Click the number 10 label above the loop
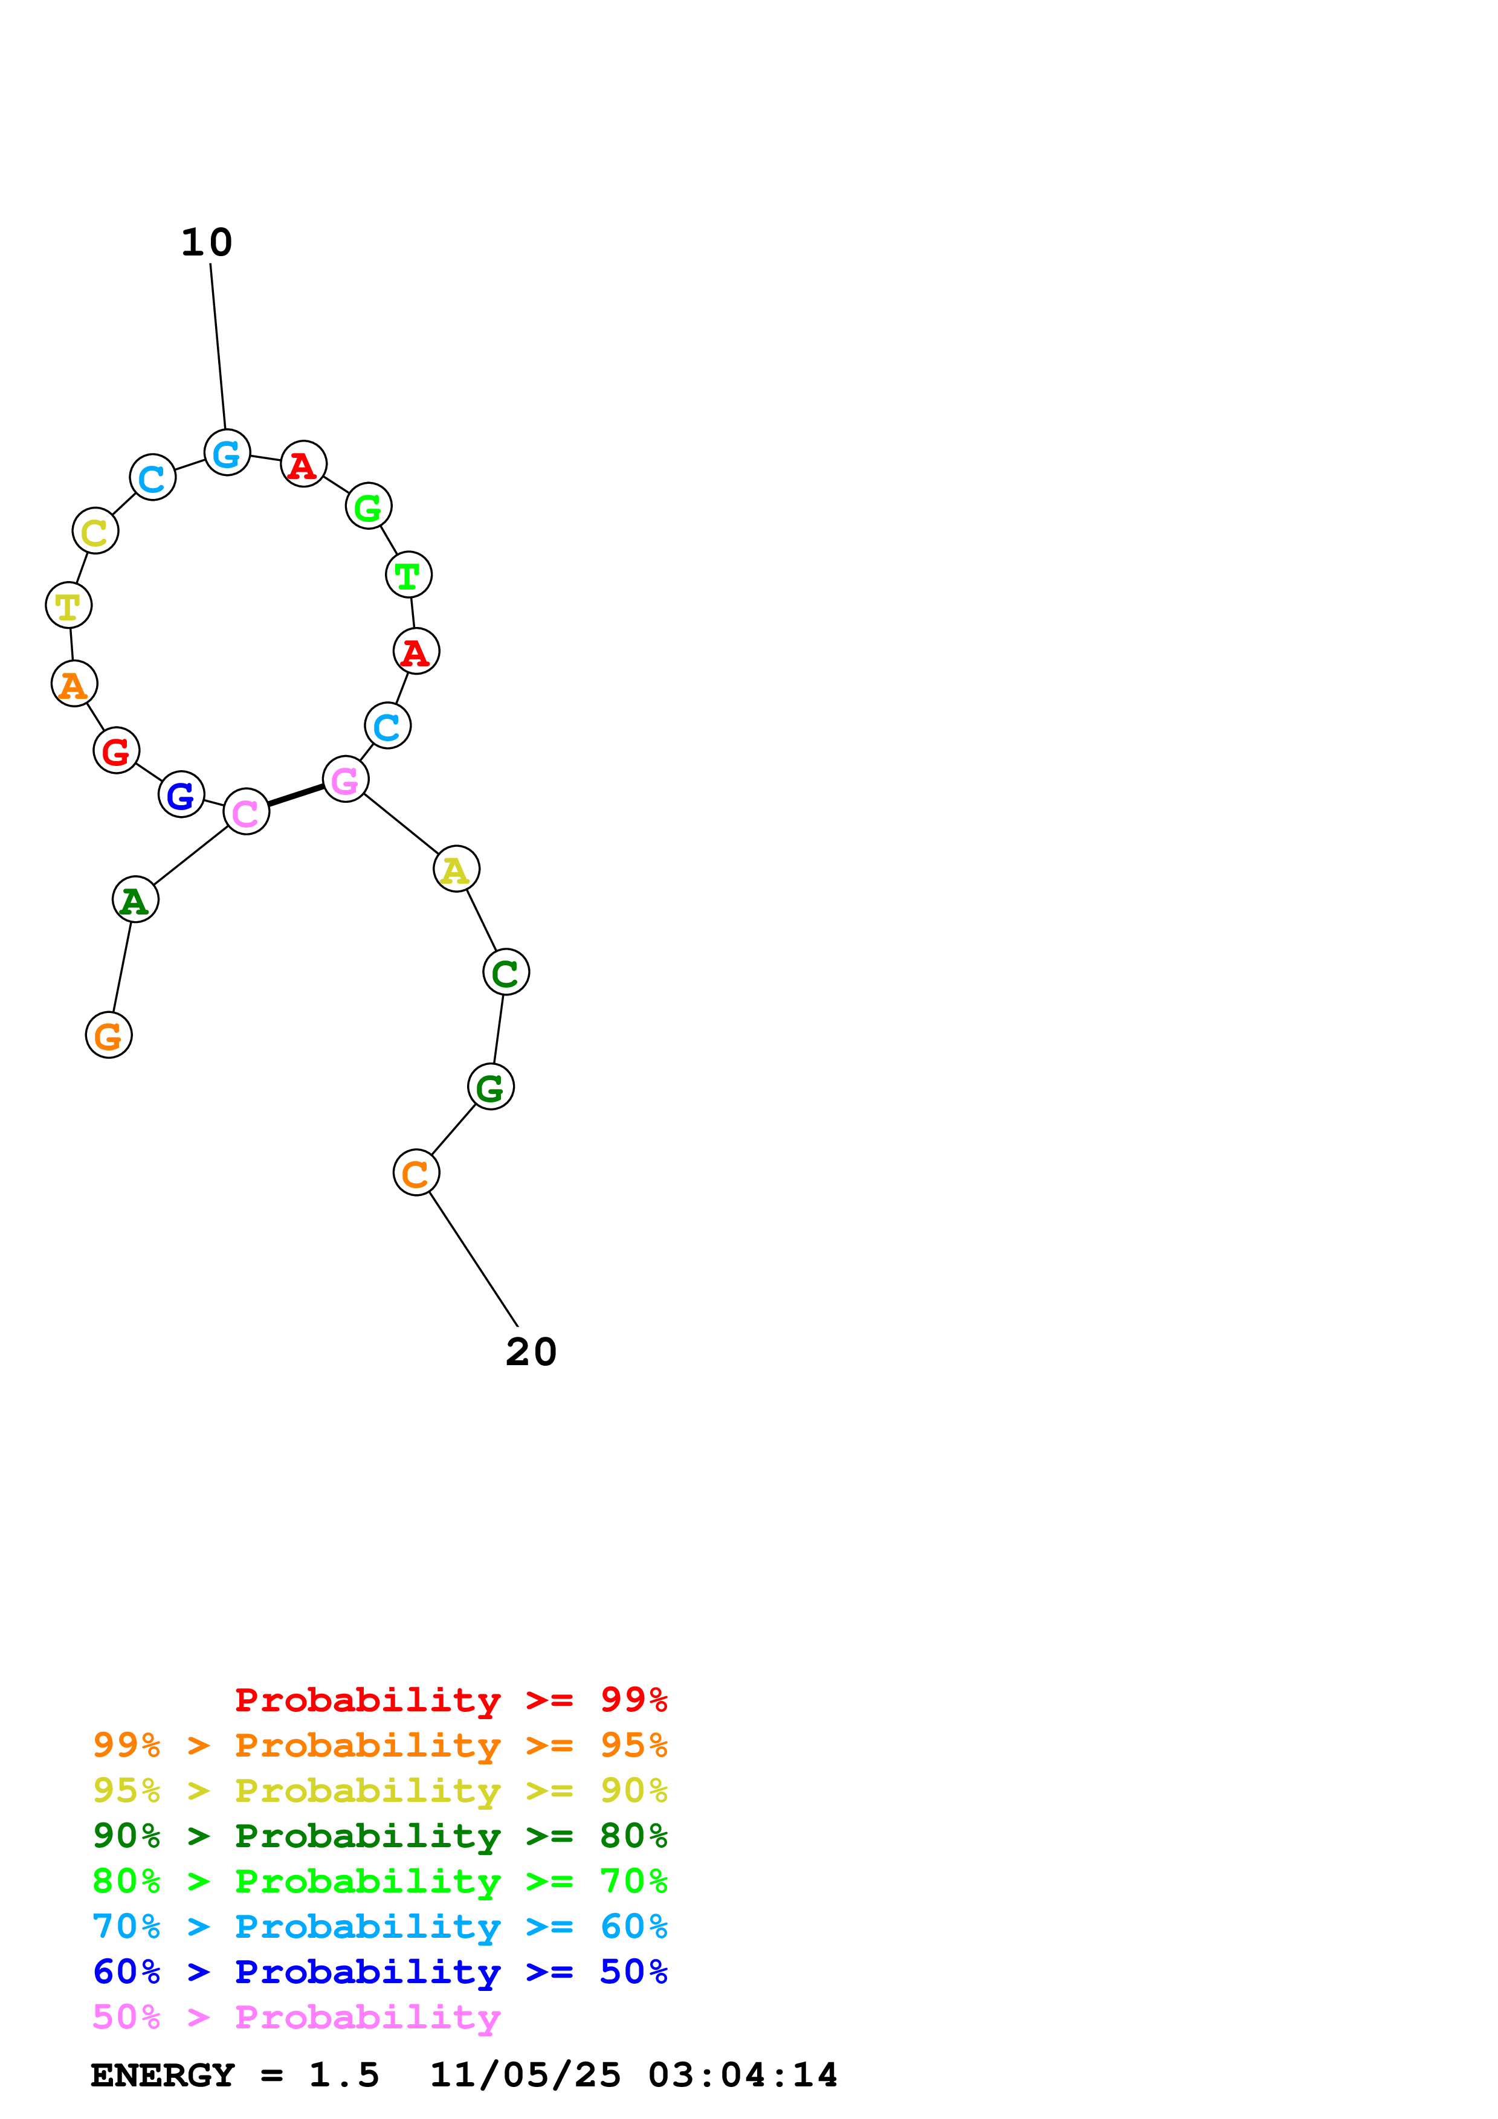point(207,243)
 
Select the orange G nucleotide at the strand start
point(109,1035)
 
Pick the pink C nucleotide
point(247,812)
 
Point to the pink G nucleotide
point(345,780)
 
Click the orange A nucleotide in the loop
point(74,684)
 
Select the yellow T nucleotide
point(68,605)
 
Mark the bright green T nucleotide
point(408,575)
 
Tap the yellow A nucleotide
point(456,869)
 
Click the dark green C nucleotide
point(506,972)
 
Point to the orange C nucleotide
point(416,1173)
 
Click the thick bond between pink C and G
point(295,796)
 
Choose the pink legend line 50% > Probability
point(296,2018)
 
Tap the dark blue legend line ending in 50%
point(379,1972)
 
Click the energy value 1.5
point(343,2076)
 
